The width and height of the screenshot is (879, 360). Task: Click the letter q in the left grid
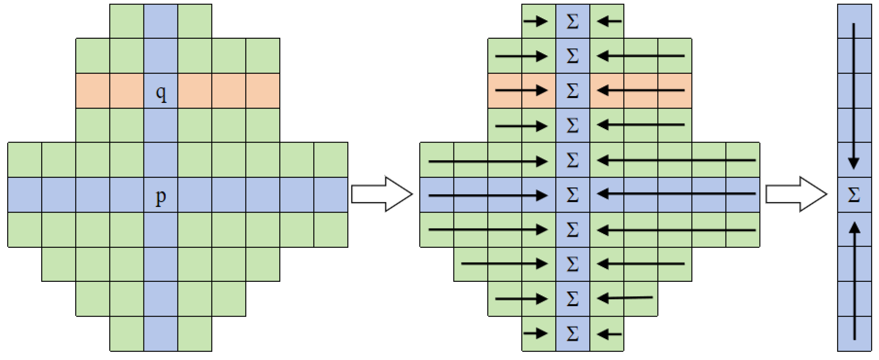(161, 93)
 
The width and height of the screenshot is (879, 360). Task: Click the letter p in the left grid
(161, 197)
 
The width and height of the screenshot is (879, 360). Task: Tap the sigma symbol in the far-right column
(854, 195)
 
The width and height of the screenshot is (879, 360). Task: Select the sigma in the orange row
(572, 90)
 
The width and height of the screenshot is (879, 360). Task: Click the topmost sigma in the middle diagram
(572, 22)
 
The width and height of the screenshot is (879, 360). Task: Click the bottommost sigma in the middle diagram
(572, 334)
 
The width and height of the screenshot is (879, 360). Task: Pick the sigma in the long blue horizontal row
(572, 195)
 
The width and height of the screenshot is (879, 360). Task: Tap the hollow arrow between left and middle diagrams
(382, 194)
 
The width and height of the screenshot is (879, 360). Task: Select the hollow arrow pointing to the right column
(796, 194)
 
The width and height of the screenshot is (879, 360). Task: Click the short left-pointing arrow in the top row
(609, 22)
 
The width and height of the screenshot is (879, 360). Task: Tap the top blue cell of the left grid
(161, 21)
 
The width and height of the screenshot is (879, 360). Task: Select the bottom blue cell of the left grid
(161, 334)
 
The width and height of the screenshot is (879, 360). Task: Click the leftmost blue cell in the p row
(25, 195)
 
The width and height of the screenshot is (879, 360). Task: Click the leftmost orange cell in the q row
(93, 91)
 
